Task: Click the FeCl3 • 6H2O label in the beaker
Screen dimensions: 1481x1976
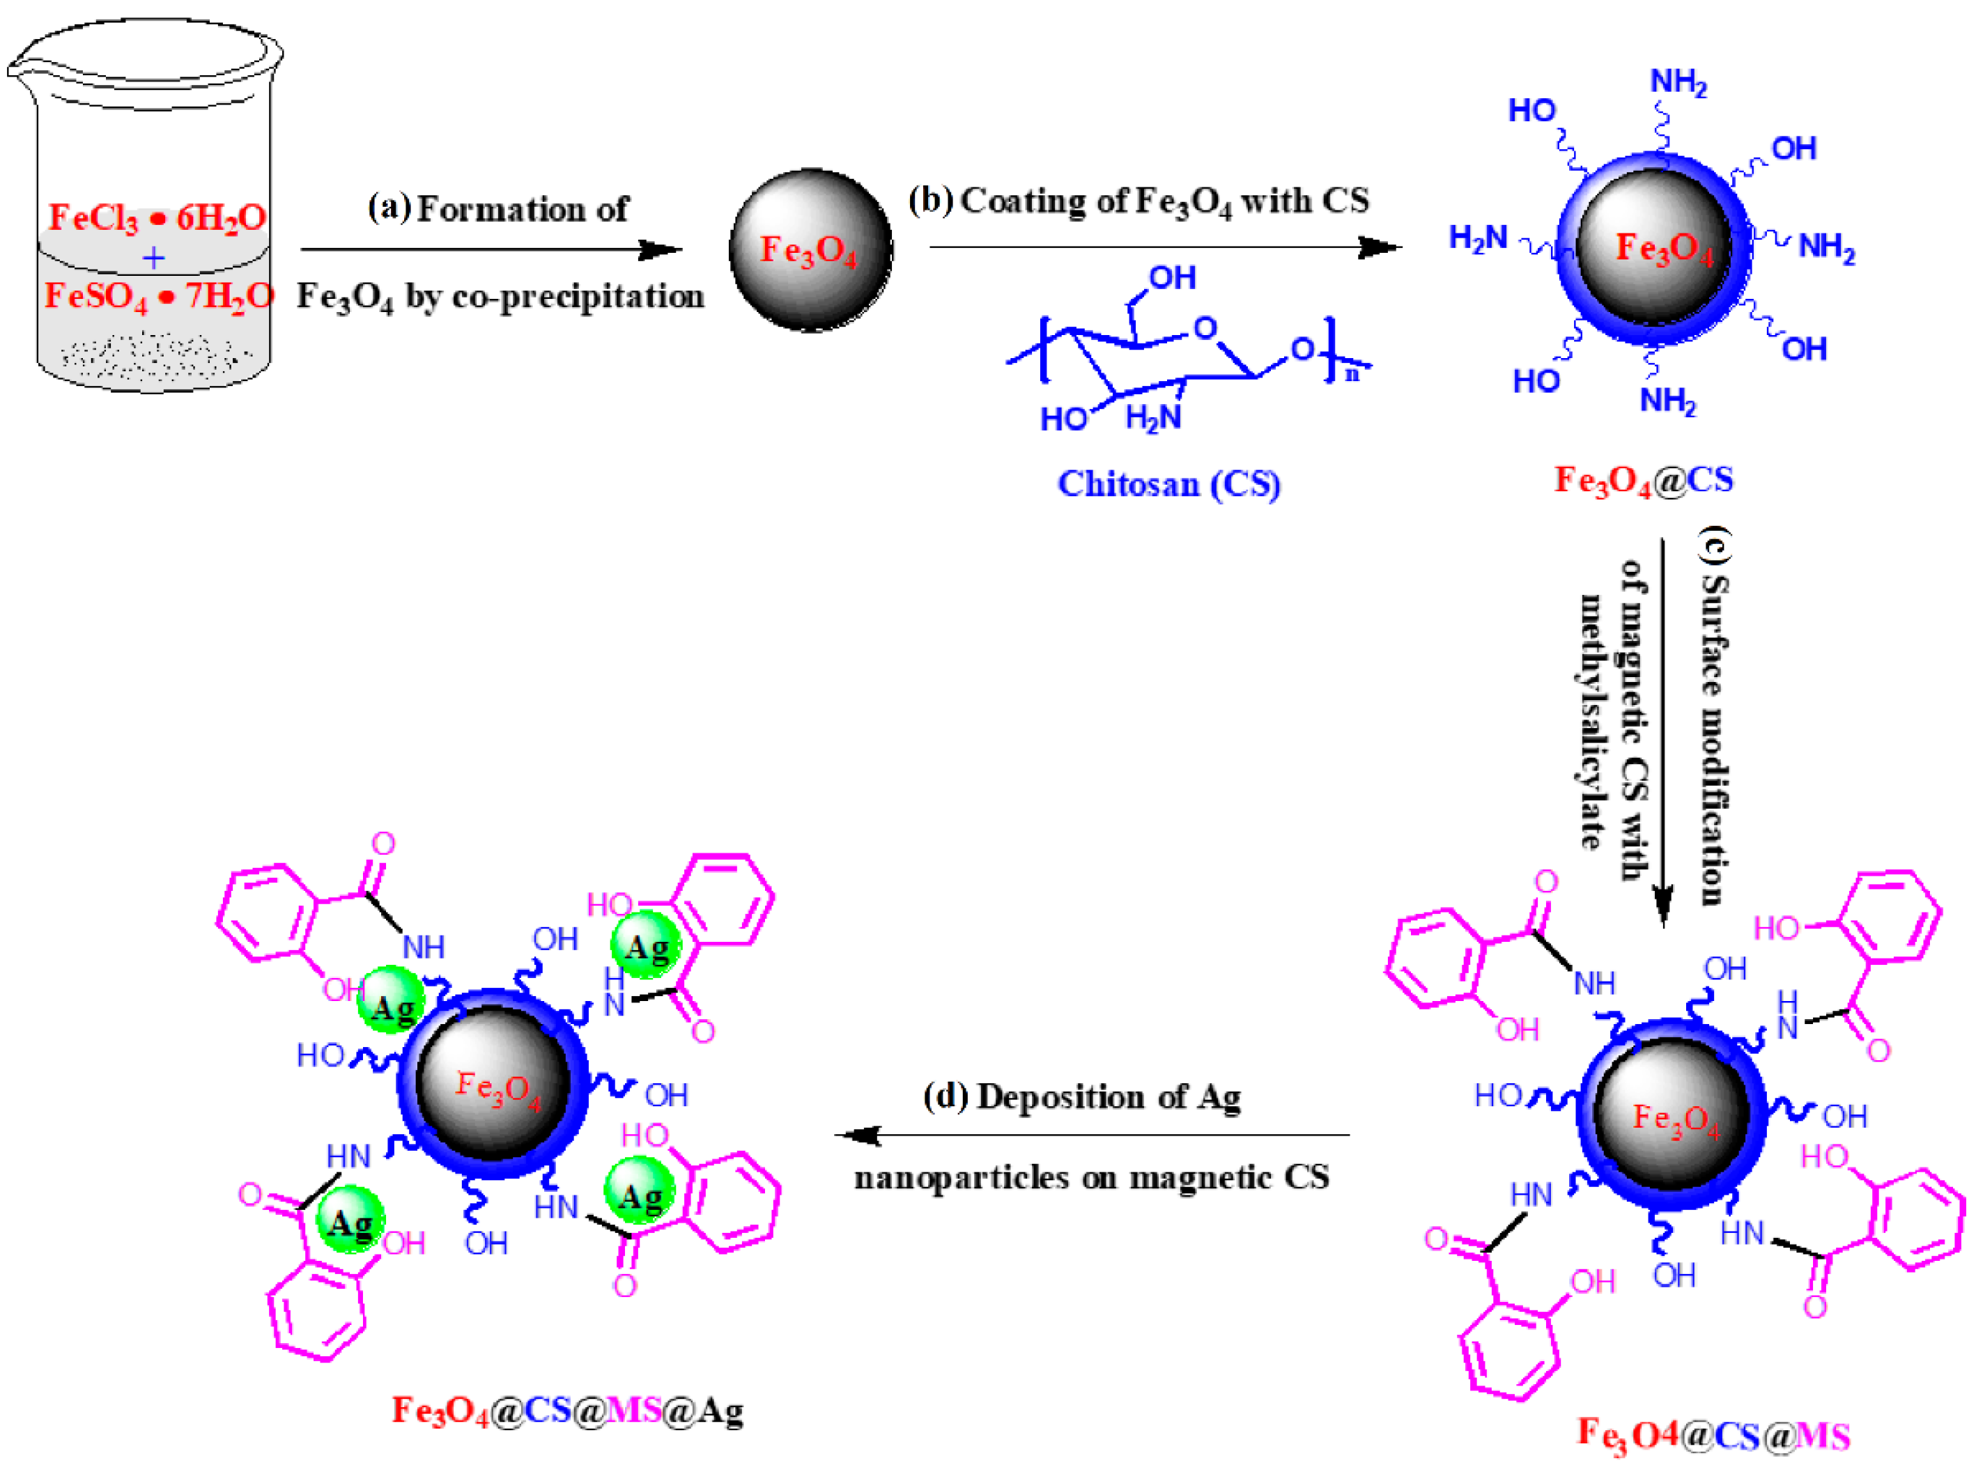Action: click(x=157, y=217)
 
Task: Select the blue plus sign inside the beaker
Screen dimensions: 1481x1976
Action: click(x=154, y=258)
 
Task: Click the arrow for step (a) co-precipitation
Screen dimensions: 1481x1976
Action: click(x=491, y=250)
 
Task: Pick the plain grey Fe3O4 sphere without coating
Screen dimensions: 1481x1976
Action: click(x=810, y=250)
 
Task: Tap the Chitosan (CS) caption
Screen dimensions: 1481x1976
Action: click(x=1168, y=484)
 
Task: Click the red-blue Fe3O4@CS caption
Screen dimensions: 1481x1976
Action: click(x=1643, y=481)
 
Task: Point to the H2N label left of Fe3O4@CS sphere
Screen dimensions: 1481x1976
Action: click(x=1478, y=238)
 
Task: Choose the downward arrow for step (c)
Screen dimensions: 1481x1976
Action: click(x=1662, y=732)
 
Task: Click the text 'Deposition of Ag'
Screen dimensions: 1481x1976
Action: click(x=1108, y=1096)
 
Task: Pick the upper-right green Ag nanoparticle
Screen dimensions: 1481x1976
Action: click(x=646, y=946)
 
